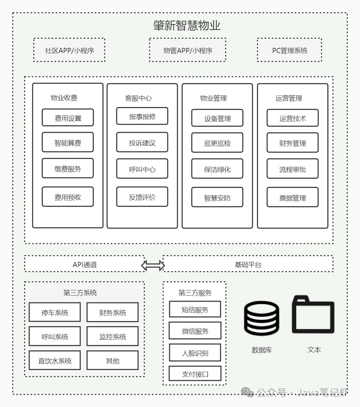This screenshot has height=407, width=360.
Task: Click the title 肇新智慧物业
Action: click(187, 25)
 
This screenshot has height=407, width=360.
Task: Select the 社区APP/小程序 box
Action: click(69, 50)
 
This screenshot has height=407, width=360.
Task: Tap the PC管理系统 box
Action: click(289, 50)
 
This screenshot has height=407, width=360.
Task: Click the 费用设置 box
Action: click(68, 118)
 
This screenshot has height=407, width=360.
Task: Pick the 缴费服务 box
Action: click(68, 169)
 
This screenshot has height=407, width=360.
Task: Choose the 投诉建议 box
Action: click(142, 143)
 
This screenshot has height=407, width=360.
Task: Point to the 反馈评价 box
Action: click(142, 197)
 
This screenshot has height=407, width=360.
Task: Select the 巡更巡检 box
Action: click(217, 143)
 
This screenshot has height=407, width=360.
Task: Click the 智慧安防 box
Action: click(217, 197)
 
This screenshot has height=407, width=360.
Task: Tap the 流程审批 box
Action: click(292, 169)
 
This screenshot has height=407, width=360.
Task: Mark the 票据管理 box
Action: click(292, 197)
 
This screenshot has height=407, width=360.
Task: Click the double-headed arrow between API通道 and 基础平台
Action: click(153, 265)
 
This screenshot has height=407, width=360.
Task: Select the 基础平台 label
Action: click(248, 264)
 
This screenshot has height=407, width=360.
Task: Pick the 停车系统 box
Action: click(55, 313)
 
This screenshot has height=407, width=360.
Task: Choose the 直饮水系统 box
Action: click(55, 360)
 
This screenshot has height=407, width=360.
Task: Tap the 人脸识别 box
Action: click(195, 353)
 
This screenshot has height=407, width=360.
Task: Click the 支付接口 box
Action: click(195, 374)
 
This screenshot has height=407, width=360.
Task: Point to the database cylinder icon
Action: click(262, 318)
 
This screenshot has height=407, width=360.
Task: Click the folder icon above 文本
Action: click(313, 315)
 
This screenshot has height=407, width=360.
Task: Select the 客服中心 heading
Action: click(138, 98)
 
